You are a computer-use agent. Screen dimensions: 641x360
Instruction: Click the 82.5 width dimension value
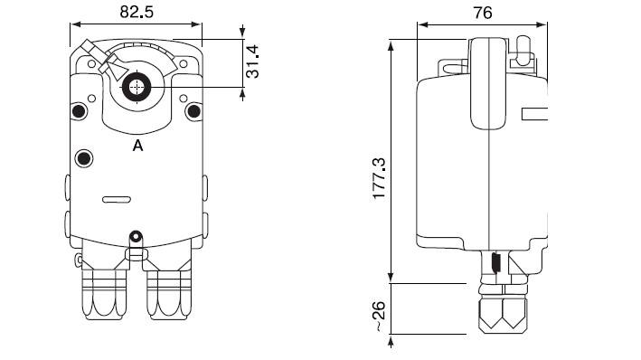(x=137, y=12)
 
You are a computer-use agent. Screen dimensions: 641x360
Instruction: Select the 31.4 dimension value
(x=252, y=62)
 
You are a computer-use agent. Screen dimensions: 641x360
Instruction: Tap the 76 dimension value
(x=483, y=13)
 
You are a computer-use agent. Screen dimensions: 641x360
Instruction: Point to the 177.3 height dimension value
(x=380, y=178)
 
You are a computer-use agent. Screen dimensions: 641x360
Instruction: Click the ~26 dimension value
(x=379, y=316)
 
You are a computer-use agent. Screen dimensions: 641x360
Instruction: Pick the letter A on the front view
(x=137, y=146)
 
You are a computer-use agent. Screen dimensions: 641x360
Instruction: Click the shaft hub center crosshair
(x=137, y=87)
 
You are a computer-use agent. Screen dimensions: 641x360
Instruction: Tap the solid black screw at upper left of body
(x=79, y=111)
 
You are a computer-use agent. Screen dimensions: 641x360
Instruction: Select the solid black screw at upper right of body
(x=193, y=111)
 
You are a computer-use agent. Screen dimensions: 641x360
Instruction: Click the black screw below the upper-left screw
(x=84, y=158)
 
